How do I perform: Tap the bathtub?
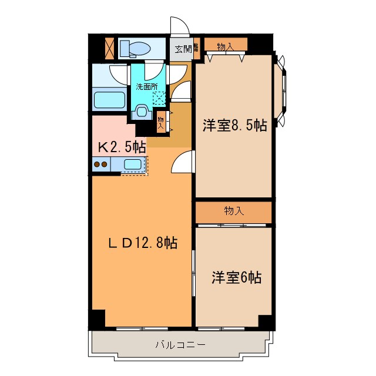tap(110, 99)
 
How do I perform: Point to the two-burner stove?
tap(100, 164)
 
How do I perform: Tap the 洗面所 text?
tap(147, 86)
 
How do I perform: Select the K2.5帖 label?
tap(122, 146)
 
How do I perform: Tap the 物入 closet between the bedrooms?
tap(234, 211)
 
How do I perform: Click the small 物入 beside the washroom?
tap(161, 122)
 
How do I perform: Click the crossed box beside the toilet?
tap(109, 48)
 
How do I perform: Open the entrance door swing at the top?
tap(179, 26)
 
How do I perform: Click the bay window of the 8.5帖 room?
tap(281, 90)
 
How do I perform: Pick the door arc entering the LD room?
tap(183, 161)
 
